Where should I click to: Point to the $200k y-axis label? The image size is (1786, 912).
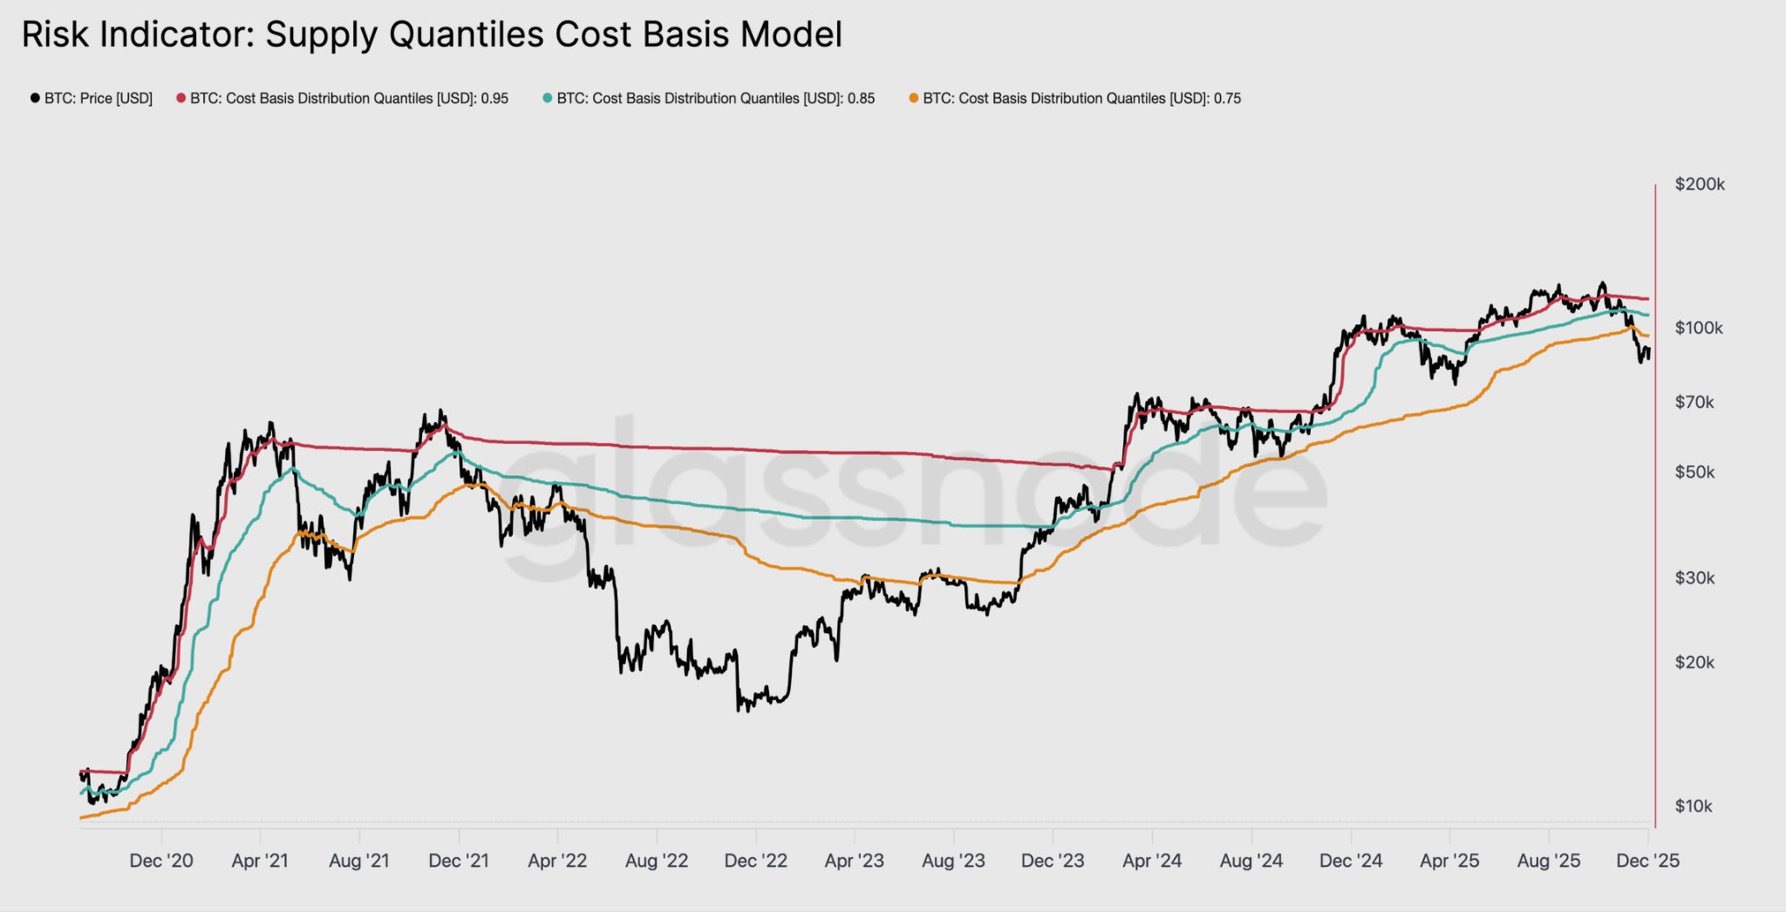coord(1699,184)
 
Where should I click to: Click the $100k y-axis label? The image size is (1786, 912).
coord(1699,328)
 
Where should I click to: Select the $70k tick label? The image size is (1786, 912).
coord(1694,402)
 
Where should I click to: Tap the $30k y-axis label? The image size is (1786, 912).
coord(1694,577)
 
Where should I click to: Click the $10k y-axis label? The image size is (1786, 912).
coord(1694,806)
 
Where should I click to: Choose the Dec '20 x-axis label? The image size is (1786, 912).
coord(161,861)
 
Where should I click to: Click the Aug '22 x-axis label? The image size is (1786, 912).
coord(657,861)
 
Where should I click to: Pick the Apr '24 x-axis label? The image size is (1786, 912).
coord(1152,861)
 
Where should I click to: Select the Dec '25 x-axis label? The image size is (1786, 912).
coord(1647,861)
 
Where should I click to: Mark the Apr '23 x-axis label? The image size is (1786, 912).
coord(855,861)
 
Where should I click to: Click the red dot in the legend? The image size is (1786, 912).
coord(181,99)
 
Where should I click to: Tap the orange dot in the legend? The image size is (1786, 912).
coord(914,99)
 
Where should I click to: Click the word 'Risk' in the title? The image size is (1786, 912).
coord(52,35)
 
